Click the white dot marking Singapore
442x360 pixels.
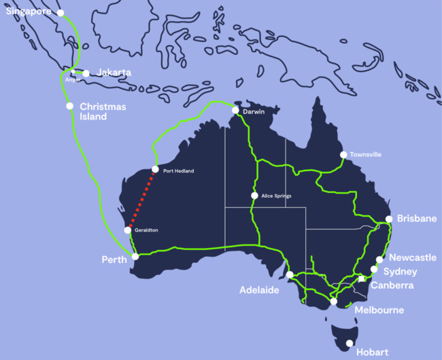tap(61, 13)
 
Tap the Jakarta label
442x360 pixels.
tap(114, 72)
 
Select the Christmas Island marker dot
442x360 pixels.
tap(69, 106)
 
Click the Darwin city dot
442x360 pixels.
tap(235, 111)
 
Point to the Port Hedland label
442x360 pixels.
tap(178, 171)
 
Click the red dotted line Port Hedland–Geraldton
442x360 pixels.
tap(141, 200)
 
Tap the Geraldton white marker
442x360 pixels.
tap(128, 231)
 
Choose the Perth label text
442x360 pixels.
tap(114, 260)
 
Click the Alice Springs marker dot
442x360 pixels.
tap(254, 196)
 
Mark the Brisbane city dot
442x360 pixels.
tap(388, 219)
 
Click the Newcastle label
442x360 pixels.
tap(413, 258)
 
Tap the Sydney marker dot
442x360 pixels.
tap(374, 270)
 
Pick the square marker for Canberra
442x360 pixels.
tap(362, 278)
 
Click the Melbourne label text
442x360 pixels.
tap(379, 310)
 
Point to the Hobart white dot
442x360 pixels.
tap(350, 344)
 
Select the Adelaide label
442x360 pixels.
tap(259, 290)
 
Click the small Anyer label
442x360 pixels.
tap(73, 79)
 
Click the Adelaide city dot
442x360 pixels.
tap(290, 275)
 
